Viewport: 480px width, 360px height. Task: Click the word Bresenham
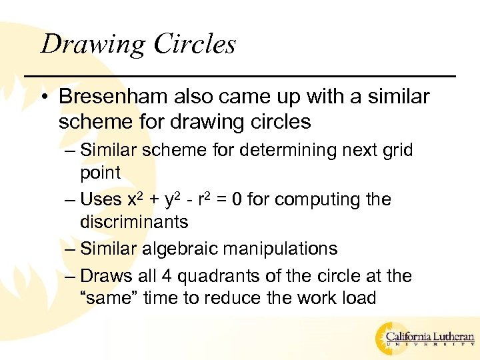[x=112, y=97]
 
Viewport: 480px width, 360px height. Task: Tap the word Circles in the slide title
[x=195, y=45]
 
